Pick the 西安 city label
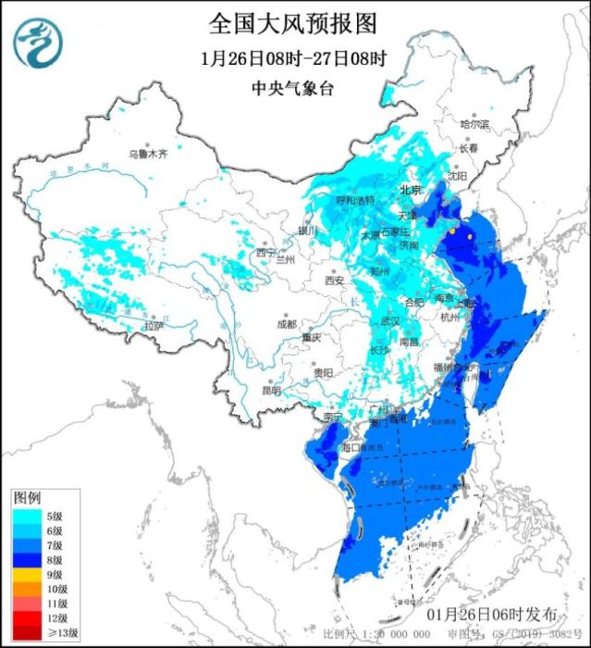334,280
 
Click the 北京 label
410,190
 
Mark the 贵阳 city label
323,372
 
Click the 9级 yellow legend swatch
28,575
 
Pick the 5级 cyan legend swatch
28,516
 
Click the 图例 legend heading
26,498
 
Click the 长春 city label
468,148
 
